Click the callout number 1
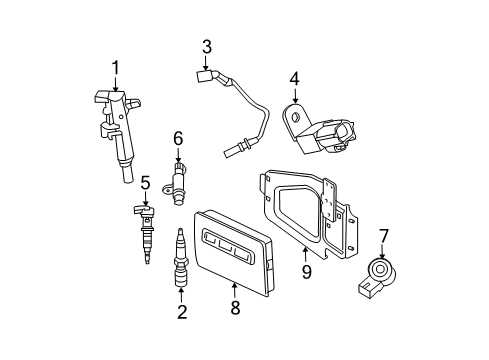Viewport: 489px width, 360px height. [x=116, y=67]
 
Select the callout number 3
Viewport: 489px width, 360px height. [x=206, y=45]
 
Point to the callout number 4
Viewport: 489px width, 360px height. [x=294, y=77]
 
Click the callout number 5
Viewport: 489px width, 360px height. [x=145, y=182]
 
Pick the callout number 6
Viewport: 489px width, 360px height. [x=178, y=137]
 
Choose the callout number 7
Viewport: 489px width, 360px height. [x=383, y=235]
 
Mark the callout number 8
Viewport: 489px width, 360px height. [x=236, y=309]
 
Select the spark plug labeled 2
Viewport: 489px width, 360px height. [x=180, y=268]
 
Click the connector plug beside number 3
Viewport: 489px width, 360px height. [x=208, y=73]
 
